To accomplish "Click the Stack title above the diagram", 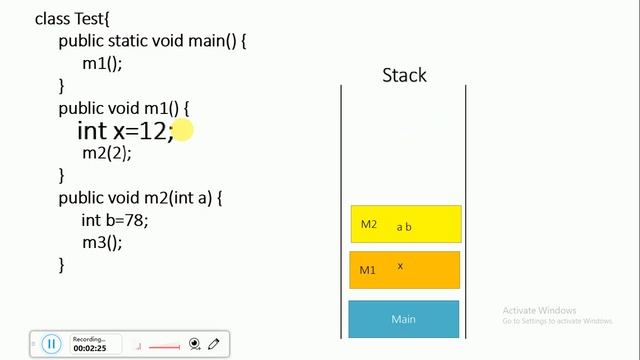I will tap(404, 75).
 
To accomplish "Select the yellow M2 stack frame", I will tap(405, 224).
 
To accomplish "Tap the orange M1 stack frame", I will tap(405, 270).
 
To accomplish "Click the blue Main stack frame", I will tap(403, 319).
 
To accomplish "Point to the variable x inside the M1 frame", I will tap(400, 266).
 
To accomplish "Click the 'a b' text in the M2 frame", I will tap(404, 227).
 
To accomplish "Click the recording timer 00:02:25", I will tap(90, 348).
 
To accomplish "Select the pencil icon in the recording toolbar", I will tap(214, 344).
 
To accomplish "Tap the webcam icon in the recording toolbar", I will tap(194, 344).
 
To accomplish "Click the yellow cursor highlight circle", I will tap(182, 130).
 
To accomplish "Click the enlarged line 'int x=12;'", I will tap(125, 131).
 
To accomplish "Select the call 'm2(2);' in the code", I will tap(106, 153).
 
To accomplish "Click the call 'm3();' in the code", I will tap(102, 242).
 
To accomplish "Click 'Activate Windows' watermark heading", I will tap(540, 310).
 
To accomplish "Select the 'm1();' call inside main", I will tap(102, 62).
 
